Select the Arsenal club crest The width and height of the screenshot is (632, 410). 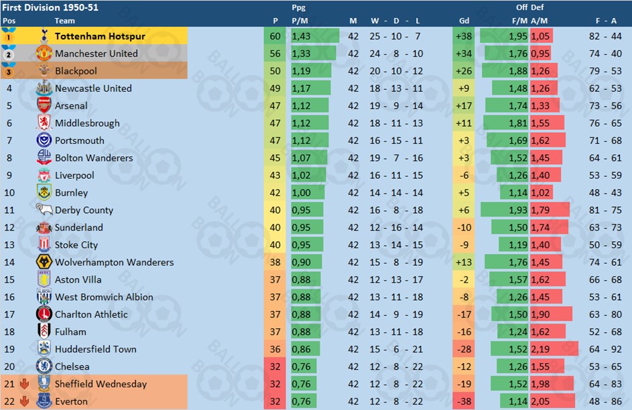44,106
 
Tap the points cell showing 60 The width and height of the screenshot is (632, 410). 275,36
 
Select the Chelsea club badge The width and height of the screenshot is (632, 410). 44,367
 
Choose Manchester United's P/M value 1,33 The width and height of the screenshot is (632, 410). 300,54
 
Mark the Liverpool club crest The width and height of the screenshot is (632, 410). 44,176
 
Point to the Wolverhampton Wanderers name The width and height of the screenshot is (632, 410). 114,263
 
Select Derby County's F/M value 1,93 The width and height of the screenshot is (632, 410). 518,210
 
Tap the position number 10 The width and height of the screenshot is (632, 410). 9,193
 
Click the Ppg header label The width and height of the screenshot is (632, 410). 299,7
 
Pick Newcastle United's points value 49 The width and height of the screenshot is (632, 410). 275,88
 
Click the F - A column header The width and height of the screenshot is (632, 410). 606,21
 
